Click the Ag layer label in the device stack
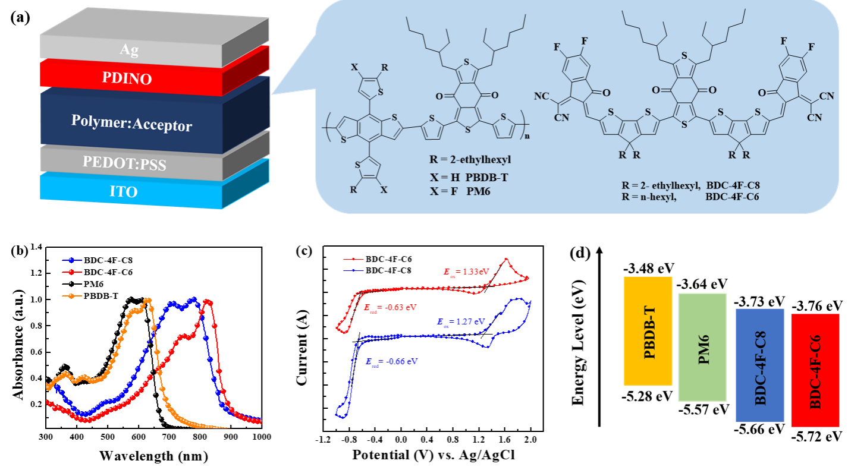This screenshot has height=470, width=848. [129, 50]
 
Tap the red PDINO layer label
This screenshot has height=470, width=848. [127, 78]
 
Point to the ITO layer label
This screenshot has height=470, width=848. [124, 192]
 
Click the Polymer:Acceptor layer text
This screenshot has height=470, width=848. [132, 123]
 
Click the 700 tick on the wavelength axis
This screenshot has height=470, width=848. [169, 437]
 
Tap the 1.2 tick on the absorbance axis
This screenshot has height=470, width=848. [36, 273]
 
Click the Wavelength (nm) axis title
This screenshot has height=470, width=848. [153, 456]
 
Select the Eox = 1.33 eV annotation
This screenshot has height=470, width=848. [466, 272]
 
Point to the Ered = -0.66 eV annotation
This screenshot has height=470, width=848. [391, 362]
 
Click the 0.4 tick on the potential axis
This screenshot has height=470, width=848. [426, 440]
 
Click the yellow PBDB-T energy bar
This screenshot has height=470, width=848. [648, 331]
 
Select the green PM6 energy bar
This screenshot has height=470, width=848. [702, 347]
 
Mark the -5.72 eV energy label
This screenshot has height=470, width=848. [811, 437]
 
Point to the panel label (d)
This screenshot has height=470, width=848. [580, 253]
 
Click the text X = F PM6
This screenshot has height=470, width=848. [460, 191]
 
